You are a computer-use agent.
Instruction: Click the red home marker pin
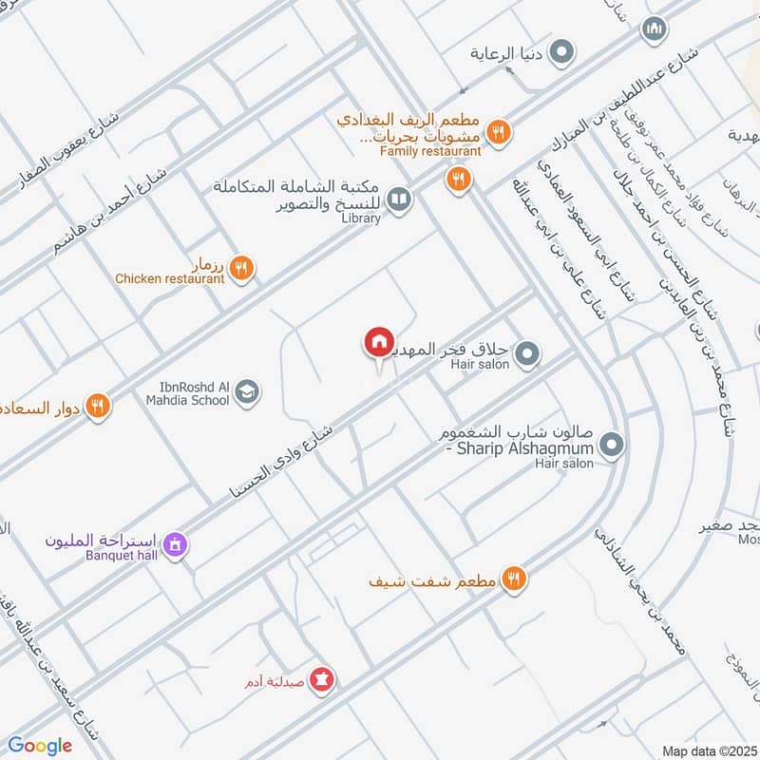pyautogui.click(x=377, y=342)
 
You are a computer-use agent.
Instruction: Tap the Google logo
pyautogui.click(x=39, y=746)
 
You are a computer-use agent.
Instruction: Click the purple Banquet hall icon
pyautogui.click(x=174, y=545)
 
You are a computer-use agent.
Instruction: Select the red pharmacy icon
pyautogui.click(x=322, y=680)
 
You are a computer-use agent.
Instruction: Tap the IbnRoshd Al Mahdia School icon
pyautogui.click(x=247, y=391)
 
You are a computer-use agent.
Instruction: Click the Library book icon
pyautogui.click(x=400, y=199)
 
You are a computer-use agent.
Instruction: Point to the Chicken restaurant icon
pyautogui.click(x=240, y=269)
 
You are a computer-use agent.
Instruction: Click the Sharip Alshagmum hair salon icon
pyautogui.click(x=613, y=444)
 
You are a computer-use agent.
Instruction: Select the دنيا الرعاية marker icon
pyautogui.click(x=561, y=52)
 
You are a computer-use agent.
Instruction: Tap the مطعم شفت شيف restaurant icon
pyautogui.click(x=513, y=578)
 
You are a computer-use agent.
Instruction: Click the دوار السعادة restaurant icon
pyautogui.click(x=97, y=407)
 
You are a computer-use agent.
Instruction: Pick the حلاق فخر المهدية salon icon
pyautogui.click(x=529, y=355)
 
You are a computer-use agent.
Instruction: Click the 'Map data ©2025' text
pyautogui.click(x=709, y=750)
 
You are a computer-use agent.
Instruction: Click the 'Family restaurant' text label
pyautogui.click(x=430, y=150)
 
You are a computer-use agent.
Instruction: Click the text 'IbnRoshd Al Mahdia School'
pyautogui.click(x=187, y=392)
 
